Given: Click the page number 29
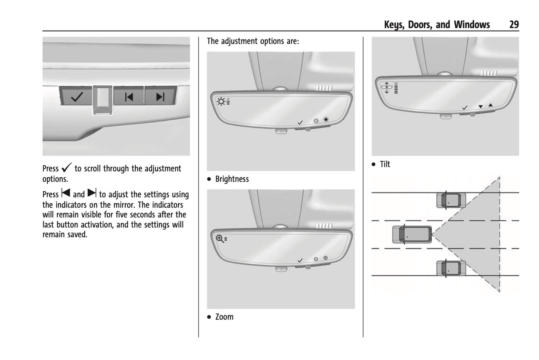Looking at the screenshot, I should click(x=514, y=25).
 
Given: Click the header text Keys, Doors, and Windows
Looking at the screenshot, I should click(x=437, y=25).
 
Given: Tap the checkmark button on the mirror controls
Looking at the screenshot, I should click(x=76, y=97).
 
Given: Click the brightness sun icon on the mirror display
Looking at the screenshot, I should click(x=221, y=101).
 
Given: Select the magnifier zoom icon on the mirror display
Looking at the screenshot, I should click(x=220, y=239).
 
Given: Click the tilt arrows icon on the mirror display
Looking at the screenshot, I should click(x=386, y=88).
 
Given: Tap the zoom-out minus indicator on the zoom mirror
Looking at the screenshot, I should click(x=316, y=259).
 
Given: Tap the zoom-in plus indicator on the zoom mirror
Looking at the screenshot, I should click(x=325, y=258).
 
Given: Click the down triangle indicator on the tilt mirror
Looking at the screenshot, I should click(x=480, y=107).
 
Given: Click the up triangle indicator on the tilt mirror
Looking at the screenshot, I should click(x=491, y=105).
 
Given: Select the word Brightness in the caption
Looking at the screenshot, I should click(x=232, y=179).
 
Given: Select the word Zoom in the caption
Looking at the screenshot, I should click(x=224, y=317).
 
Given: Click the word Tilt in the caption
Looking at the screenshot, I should click(x=385, y=164).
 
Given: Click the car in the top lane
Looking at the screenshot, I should click(x=451, y=200).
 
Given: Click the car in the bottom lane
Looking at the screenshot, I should click(x=451, y=268).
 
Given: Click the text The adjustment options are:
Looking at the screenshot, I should click(x=253, y=41).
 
